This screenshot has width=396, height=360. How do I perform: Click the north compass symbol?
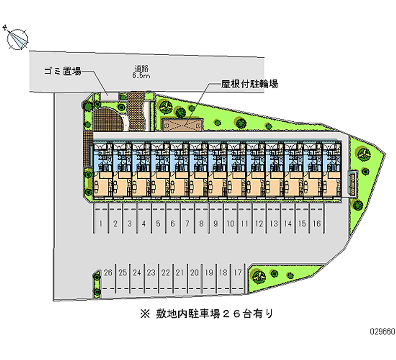[16, 38]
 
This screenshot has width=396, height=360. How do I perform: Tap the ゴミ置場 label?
[62, 71]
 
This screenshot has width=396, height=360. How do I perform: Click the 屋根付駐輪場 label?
[249, 84]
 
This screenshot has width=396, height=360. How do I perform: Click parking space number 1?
[100, 224]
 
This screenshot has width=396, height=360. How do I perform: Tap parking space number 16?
[316, 224]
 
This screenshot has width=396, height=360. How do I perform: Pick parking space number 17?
[238, 272]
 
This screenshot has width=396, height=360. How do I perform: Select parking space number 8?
[201, 224]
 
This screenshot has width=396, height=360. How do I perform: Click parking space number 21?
[180, 272]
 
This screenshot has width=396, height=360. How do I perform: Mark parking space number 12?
[259, 224]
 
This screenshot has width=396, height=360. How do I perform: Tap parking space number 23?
[151, 272]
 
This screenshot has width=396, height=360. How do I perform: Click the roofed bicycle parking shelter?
[183, 124]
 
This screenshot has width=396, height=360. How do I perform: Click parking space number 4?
[144, 224]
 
